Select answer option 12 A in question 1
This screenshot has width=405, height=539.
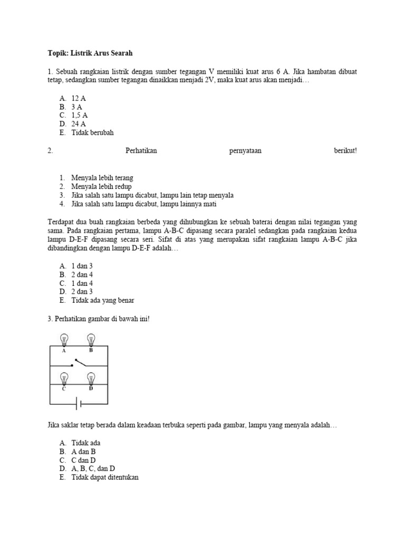[79, 98]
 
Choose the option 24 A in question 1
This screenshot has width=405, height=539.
[79, 124]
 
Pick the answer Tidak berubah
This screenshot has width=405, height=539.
[92, 133]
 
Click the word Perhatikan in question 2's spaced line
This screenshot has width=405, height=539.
[141, 151]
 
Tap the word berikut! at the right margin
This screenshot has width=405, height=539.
[345, 151]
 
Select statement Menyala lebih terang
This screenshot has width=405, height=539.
[102, 178]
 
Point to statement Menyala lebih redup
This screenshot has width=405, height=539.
[101, 186]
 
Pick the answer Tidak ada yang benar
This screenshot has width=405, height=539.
[102, 301]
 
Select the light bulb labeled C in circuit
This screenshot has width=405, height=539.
[64, 378]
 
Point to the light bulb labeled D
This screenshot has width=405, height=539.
[91, 378]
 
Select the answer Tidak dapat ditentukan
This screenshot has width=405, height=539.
[105, 477]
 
